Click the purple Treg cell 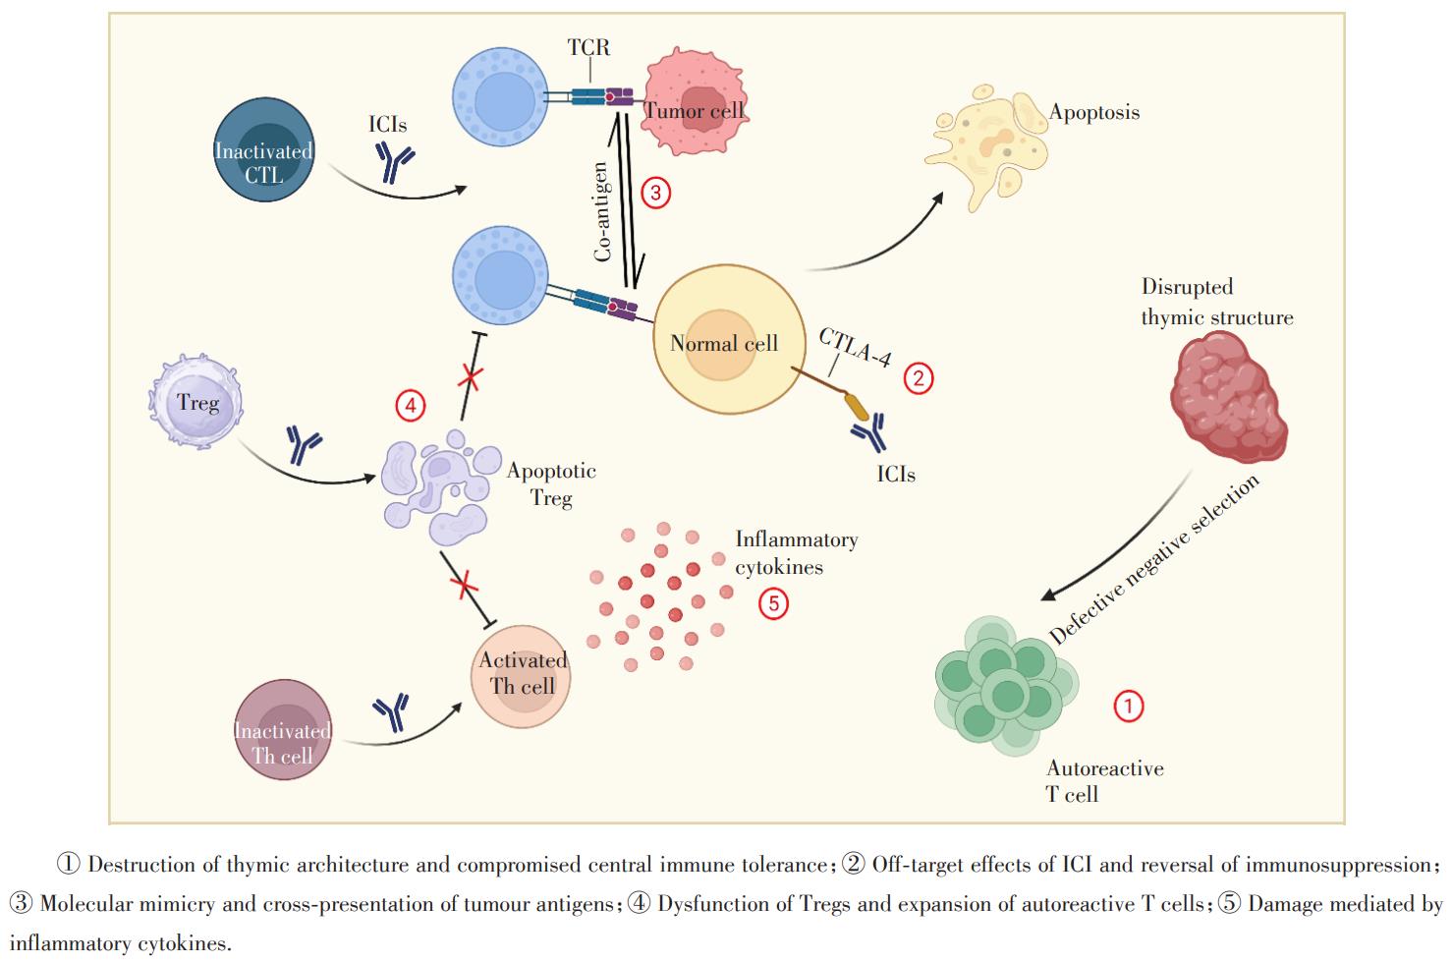point(195,403)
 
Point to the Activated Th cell point(521,673)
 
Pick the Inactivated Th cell point(283,729)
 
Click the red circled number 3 point(655,192)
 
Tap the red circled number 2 point(918,377)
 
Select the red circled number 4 point(410,404)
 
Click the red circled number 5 point(773,602)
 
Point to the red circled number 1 point(1128,705)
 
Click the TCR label point(588,46)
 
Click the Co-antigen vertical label point(602,211)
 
